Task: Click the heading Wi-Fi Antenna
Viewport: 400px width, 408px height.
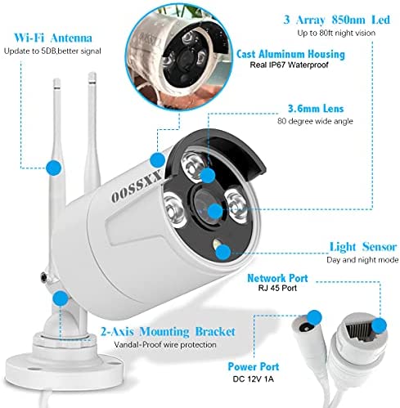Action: point(53,38)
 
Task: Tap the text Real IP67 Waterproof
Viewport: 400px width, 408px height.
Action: point(289,65)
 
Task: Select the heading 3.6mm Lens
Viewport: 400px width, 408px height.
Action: point(316,109)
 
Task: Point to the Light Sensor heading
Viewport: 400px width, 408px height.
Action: point(362,247)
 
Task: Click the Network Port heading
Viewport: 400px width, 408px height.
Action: point(277,278)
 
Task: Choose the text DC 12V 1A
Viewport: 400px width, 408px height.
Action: point(253,379)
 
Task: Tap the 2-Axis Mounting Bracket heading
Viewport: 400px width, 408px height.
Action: point(168,332)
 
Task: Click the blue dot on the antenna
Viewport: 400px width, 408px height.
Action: point(54,168)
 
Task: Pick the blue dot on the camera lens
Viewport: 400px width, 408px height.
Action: point(215,211)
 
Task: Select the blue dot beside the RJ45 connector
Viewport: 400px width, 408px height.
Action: point(379,325)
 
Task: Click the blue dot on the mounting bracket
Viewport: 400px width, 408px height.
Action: point(61,298)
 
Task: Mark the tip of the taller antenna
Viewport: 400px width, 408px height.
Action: point(92,74)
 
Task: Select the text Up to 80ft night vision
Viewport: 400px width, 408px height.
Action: point(336,33)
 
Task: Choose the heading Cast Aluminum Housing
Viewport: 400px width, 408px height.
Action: point(290,54)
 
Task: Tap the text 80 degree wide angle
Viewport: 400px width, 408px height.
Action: point(315,121)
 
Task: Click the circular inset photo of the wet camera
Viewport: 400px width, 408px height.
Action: point(179,57)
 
